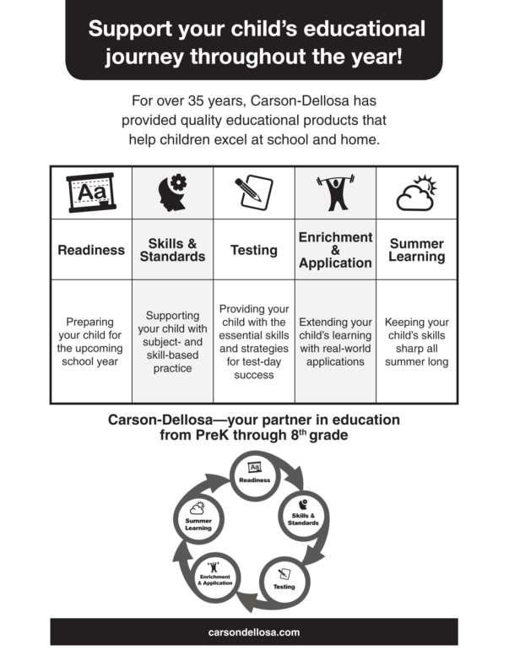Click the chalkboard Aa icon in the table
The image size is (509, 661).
click(x=91, y=192)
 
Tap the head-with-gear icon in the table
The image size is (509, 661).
click(x=172, y=192)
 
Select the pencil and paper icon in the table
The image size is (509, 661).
click(x=254, y=192)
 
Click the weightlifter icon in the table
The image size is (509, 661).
click(x=335, y=192)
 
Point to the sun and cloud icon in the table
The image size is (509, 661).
click(x=417, y=192)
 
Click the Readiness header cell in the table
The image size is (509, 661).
click(x=91, y=250)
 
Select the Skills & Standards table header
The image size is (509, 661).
click(x=172, y=250)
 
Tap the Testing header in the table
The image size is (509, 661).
click(x=254, y=250)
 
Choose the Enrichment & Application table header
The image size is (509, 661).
click(x=335, y=250)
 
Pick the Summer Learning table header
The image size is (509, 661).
click(x=417, y=250)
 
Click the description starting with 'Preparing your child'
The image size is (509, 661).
click(x=89, y=341)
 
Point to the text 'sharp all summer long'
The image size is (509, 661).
click(x=417, y=355)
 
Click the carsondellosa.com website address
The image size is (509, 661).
click(x=254, y=632)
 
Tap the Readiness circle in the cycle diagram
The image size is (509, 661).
click(x=255, y=475)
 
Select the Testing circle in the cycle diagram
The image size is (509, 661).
click(x=284, y=582)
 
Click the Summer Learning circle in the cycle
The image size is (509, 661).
click(x=198, y=519)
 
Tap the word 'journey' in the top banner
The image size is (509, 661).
click(x=144, y=57)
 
